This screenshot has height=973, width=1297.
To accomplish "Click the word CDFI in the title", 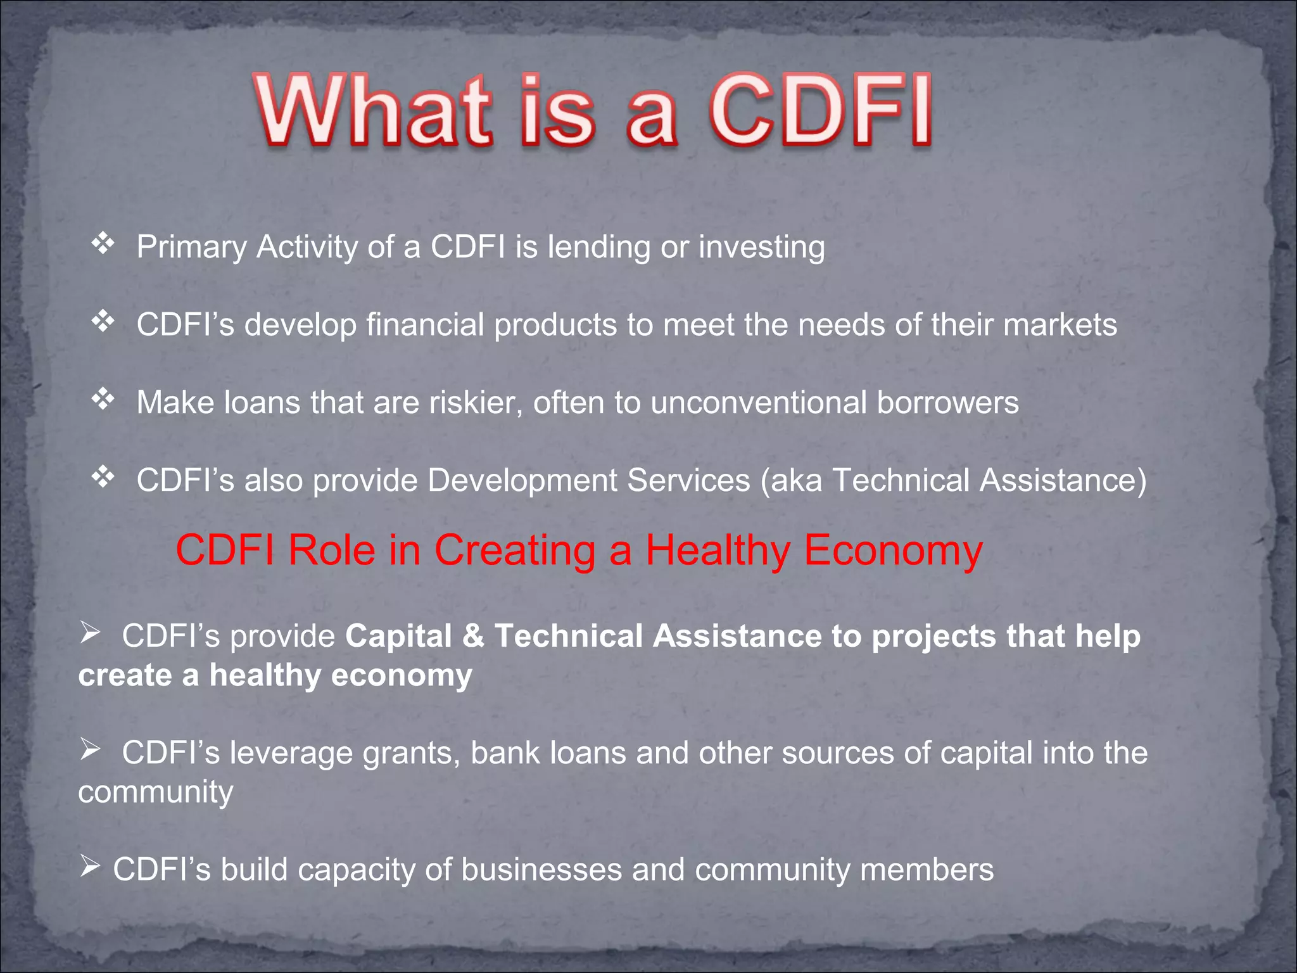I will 820,111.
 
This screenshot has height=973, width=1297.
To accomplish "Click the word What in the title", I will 374,111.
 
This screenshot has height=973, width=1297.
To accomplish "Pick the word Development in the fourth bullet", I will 522,481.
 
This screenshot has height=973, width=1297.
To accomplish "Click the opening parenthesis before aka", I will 765,481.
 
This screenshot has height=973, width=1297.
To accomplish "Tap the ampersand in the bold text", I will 472,636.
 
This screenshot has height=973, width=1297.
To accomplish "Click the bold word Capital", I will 398,636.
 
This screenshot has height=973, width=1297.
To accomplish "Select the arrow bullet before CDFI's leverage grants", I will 91,750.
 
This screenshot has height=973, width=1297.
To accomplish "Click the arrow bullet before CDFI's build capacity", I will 91,867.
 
